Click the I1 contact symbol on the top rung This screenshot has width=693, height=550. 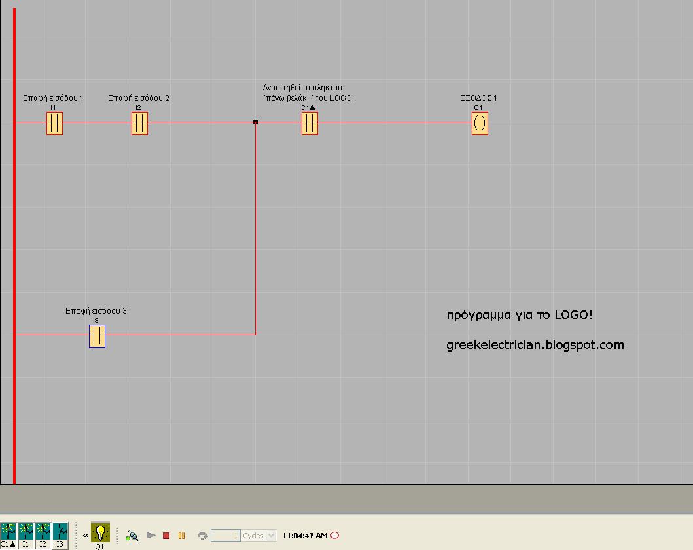pyautogui.click(x=54, y=122)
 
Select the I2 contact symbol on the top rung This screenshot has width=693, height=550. pyautogui.click(x=139, y=122)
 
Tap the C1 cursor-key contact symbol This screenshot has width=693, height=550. pyautogui.click(x=310, y=122)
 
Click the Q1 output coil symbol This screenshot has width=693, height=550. pyautogui.click(x=480, y=122)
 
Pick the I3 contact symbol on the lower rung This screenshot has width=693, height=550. pyautogui.click(x=97, y=335)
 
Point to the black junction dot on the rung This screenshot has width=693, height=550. pyautogui.click(x=255, y=122)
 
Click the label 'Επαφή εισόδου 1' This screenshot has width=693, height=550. pyautogui.click(x=53, y=98)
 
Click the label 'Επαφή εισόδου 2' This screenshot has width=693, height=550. pyautogui.click(x=139, y=98)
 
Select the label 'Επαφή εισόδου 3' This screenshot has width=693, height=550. pyautogui.click(x=96, y=311)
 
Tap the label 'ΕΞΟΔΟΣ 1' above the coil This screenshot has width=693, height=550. pyautogui.click(x=478, y=98)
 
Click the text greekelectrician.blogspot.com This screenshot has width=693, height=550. pyautogui.click(x=535, y=345)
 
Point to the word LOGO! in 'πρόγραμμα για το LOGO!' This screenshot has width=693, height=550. pyautogui.click(x=574, y=315)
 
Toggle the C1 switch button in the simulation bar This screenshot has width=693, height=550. pyautogui.click(x=9, y=531)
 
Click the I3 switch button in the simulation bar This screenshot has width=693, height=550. pyautogui.click(x=60, y=531)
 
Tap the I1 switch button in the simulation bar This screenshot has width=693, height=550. pyautogui.click(x=26, y=531)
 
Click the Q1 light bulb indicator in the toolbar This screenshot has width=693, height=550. pyautogui.click(x=100, y=532)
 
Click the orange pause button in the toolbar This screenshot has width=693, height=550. pyautogui.click(x=181, y=536)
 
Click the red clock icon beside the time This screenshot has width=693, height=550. pyautogui.click(x=335, y=536)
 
